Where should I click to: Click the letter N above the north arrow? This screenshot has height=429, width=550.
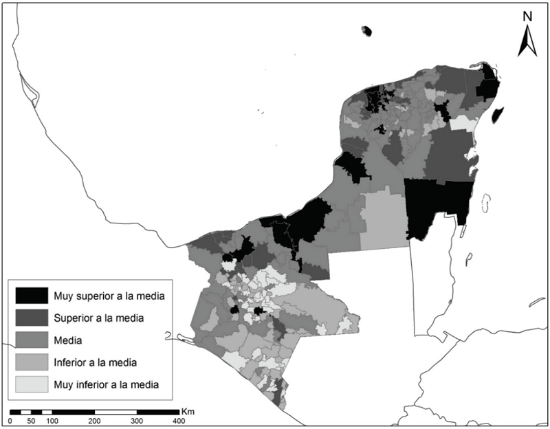527,16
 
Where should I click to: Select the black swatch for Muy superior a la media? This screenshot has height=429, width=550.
32,296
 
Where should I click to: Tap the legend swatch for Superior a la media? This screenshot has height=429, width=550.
32,318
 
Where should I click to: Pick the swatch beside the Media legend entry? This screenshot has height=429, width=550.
32,340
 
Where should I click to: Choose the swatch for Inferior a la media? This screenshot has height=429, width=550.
32,362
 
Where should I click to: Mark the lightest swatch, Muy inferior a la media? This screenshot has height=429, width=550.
32,384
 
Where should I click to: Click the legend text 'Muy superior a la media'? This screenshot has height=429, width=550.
110,296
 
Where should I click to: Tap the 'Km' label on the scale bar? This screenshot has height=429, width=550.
188,411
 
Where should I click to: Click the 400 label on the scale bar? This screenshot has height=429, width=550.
178,420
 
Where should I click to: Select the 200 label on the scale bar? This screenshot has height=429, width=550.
94,420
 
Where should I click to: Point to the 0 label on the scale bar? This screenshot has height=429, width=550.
10,420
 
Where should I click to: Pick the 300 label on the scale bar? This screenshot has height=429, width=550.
136,420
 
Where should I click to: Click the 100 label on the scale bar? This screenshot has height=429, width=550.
52,420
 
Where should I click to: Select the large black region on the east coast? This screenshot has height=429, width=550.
434,206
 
